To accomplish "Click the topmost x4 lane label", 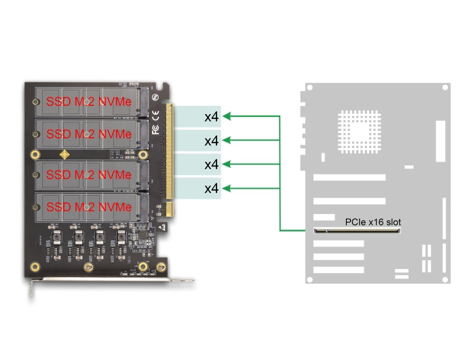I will tap(211, 116).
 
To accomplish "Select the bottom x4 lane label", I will tap(211, 187).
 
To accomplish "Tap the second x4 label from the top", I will tap(211, 141).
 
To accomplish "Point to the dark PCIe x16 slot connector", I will tap(357, 231).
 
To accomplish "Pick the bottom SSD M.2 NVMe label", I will tap(88, 206).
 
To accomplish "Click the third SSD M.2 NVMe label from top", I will tap(88, 175).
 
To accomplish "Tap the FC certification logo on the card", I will tap(155, 128).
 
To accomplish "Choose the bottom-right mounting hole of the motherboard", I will tap(444, 278).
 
